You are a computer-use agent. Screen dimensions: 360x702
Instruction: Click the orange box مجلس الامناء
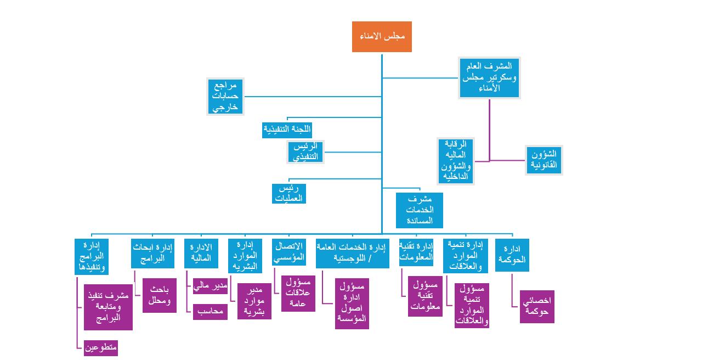(x=382, y=37)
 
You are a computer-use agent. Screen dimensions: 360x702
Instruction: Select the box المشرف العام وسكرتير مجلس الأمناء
(x=489, y=78)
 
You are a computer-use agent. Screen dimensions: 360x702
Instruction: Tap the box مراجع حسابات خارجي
(x=225, y=97)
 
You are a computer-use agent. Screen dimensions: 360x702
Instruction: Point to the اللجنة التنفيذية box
(x=287, y=130)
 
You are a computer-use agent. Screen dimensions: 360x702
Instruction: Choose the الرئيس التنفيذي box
(x=306, y=152)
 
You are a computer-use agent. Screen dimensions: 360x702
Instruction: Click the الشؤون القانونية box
(x=544, y=160)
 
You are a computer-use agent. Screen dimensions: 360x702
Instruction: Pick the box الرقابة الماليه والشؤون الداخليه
(x=456, y=161)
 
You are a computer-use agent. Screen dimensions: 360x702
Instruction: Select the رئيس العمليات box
(x=289, y=194)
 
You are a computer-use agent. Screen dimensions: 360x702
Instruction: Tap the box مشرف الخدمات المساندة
(x=420, y=210)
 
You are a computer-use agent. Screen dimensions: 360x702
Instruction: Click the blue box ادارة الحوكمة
(x=512, y=255)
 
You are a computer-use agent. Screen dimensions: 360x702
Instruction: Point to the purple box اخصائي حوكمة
(x=537, y=307)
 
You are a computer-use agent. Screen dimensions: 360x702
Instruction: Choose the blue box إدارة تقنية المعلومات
(x=416, y=252)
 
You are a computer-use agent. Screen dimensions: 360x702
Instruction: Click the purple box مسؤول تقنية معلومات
(x=425, y=296)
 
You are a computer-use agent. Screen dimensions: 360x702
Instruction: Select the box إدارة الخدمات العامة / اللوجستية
(x=353, y=254)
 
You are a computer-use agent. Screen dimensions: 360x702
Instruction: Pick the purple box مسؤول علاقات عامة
(x=298, y=294)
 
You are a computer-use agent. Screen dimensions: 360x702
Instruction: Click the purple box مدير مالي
(x=211, y=286)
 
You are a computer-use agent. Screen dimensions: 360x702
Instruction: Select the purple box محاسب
(x=211, y=312)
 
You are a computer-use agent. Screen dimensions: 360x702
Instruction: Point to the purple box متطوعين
(x=101, y=348)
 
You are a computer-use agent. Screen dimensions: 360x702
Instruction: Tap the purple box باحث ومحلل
(x=160, y=296)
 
